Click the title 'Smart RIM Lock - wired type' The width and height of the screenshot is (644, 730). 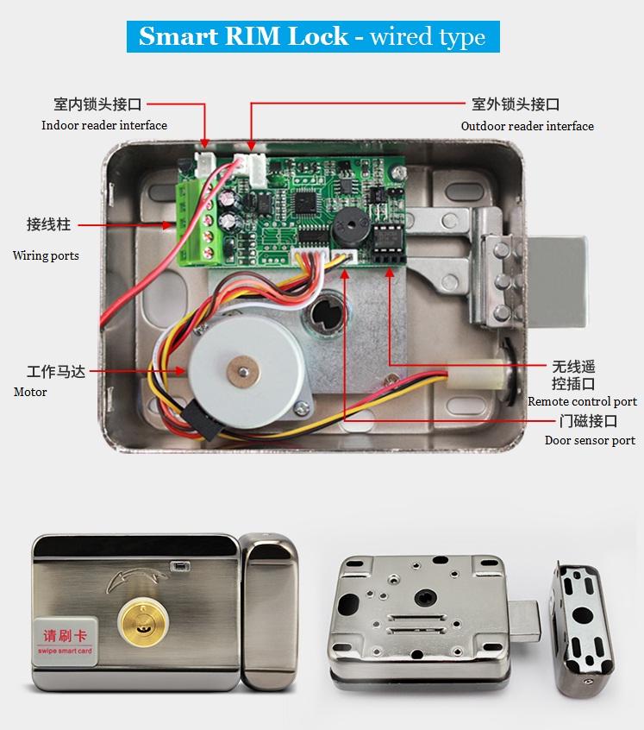312,37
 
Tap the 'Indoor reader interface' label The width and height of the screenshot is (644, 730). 104,125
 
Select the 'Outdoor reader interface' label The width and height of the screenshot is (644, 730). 527,126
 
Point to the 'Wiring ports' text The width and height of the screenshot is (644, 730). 46,255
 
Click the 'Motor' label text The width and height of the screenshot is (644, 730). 30,392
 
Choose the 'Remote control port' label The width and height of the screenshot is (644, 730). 582,401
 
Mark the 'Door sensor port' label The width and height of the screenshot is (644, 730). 590,440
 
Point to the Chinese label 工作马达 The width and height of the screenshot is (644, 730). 55,372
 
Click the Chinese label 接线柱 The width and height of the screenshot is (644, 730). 48,224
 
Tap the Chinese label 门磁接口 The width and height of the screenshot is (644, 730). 588,421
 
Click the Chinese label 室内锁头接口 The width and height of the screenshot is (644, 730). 97,104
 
